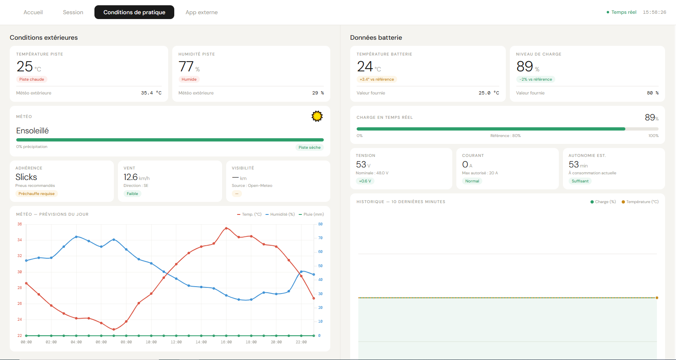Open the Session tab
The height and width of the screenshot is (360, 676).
click(73, 13)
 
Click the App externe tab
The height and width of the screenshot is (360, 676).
click(201, 13)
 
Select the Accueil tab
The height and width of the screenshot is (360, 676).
click(33, 13)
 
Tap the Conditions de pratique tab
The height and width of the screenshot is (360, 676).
click(134, 13)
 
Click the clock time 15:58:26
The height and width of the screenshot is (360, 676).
click(654, 13)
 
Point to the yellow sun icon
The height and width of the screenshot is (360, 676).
click(317, 116)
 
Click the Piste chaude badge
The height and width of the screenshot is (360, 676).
click(32, 79)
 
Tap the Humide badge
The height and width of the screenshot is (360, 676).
click(189, 79)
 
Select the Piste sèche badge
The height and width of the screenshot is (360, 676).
click(309, 148)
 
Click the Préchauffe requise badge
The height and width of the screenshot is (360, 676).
click(36, 194)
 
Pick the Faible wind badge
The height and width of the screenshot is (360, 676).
click(132, 194)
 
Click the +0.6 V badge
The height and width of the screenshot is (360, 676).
click(365, 181)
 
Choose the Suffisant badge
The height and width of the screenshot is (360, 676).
click(580, 181)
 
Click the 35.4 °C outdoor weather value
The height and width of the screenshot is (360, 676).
click(151, 93)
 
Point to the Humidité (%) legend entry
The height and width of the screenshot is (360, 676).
click(280, 214)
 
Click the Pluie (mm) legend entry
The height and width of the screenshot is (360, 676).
click(311, 214)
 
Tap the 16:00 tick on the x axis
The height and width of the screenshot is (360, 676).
click(226, 342)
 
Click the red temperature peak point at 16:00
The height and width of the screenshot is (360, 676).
click(226, 228)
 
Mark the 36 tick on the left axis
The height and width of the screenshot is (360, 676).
click(19, 224)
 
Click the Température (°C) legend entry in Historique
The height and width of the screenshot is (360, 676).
click(640, 202)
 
